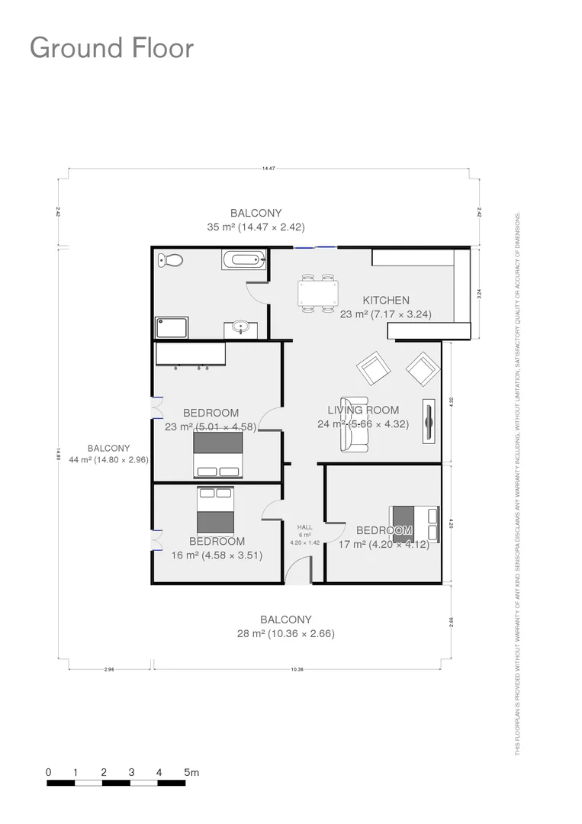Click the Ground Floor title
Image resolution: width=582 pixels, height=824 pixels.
point(111,48)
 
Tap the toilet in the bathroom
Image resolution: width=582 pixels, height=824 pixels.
point(171,261)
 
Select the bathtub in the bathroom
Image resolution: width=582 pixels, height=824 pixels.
point(244,260)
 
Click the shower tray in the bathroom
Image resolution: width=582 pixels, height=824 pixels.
point(172,328)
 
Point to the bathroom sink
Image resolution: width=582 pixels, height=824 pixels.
point(241,330)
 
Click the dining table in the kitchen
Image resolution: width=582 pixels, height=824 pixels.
point(318,293)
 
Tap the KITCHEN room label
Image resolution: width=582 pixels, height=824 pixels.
point(385,301)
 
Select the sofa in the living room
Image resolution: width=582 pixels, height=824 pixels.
point(355,423)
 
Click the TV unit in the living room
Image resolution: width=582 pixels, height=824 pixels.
point(429,420)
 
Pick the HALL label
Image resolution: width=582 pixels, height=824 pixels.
point(305,527)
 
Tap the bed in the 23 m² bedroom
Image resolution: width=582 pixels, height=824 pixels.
point(218,455)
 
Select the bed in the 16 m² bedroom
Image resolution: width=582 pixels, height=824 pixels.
point(215,510)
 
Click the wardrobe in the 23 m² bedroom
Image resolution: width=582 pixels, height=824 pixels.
point(191,355)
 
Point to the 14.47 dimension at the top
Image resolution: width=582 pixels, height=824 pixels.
point(268,168)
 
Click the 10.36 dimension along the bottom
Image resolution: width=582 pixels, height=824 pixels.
point(297,669)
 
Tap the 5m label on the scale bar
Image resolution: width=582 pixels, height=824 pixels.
point(191,773)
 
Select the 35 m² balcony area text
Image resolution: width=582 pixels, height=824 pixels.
point(256,227)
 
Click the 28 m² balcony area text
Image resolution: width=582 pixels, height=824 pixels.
point(286,633)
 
